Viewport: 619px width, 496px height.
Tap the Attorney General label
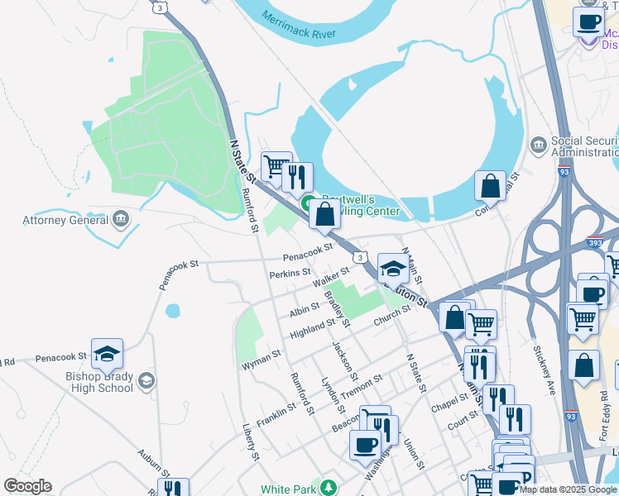pyautogui.click(x=65, y=221)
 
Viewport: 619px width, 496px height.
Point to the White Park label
pyautogui.click(x=289, y=489)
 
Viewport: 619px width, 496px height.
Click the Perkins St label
pyautogui.click(x=289, y=272)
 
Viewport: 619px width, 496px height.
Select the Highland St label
pyautogui.click(x=312, y=329)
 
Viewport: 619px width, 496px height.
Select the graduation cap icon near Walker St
pyautogui.click(x=393, y=268)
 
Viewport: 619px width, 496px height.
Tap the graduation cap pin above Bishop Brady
pyautogui.click(x=107, y=354)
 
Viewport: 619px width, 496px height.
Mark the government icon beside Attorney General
pyautogui.click(x=121, y=219)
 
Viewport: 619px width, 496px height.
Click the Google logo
pyautogui.click(x=27, y=486)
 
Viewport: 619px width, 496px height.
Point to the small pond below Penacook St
pyautogui.click(x=172, y=312)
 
